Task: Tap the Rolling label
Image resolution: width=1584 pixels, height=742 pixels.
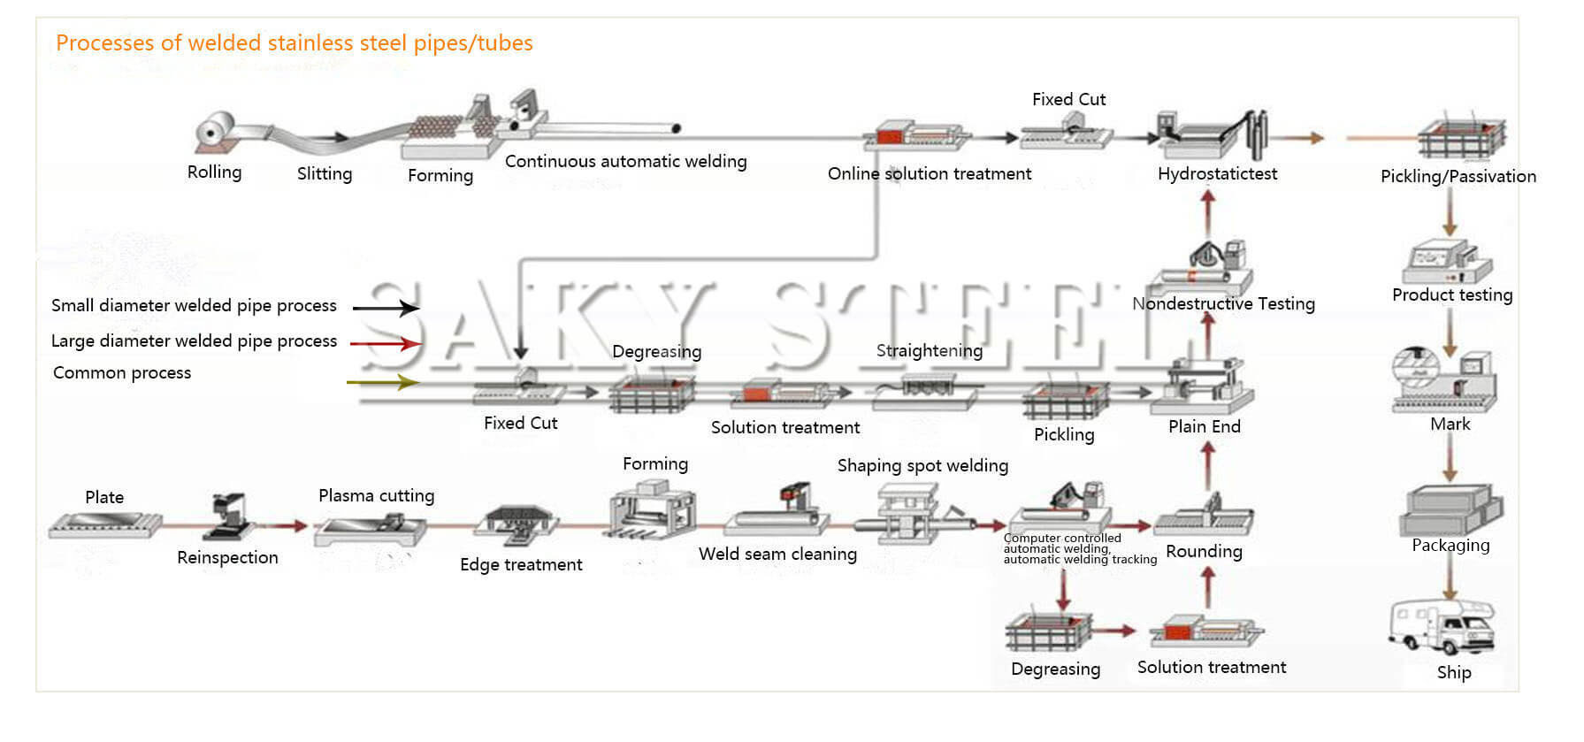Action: tap(214, 172)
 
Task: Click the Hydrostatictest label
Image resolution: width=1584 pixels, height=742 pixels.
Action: tap(1217, 173)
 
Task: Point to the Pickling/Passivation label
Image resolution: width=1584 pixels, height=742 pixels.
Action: tap(1458, 176)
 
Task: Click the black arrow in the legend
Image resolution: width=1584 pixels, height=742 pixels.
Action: tap(386, 308)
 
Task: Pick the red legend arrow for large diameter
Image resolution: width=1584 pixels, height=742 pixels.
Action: tap(386, 343)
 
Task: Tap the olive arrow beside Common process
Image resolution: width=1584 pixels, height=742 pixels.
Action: tap(383, 382)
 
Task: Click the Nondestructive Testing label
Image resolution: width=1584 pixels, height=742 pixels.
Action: tap(1223, 303)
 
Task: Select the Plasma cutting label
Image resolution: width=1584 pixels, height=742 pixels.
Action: tap(376, 495)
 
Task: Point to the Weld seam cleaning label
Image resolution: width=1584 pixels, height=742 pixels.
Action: tap(777, 554)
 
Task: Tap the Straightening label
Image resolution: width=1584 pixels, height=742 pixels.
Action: tap(929, 350)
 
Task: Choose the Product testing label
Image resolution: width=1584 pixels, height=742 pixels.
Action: tap(1451, 295)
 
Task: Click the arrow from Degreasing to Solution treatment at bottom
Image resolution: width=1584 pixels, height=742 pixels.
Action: tap(1115, 631)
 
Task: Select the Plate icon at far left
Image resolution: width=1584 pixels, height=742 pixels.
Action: tap(105, 525)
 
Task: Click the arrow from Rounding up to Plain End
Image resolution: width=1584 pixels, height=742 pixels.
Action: tap(1208, 466)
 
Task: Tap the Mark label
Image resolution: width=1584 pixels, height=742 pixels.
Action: tap(1450, 424)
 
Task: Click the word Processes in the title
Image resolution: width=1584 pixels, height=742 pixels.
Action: tap(105, 42)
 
